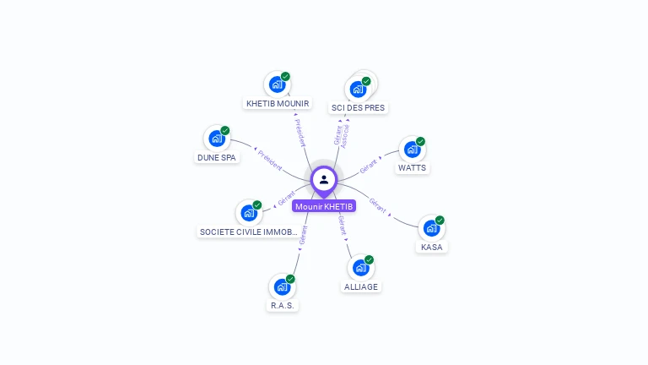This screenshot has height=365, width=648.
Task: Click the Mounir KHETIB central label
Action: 324,206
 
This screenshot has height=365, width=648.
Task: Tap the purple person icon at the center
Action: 324,179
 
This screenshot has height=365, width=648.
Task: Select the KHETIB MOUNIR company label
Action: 278,104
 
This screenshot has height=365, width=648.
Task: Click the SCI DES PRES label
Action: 358,108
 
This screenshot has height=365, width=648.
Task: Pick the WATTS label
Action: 413,168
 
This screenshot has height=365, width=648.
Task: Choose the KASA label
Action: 432,248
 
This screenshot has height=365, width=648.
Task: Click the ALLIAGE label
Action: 361,286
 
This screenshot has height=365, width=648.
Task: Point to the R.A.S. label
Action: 283,306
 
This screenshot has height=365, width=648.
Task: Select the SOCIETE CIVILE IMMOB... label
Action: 248,232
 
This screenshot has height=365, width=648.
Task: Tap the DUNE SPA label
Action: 217,158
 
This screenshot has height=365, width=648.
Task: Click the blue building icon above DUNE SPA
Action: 217,139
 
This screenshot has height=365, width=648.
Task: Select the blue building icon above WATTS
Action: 412,150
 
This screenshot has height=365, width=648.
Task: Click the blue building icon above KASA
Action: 431,228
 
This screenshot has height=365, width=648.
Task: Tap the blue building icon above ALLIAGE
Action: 360,268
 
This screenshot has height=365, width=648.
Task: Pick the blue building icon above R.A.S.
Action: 282,287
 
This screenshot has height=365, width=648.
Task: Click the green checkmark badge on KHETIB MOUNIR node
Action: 285,77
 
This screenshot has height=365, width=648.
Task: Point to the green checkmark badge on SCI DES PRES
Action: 366,81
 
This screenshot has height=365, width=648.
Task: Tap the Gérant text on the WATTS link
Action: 368,166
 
